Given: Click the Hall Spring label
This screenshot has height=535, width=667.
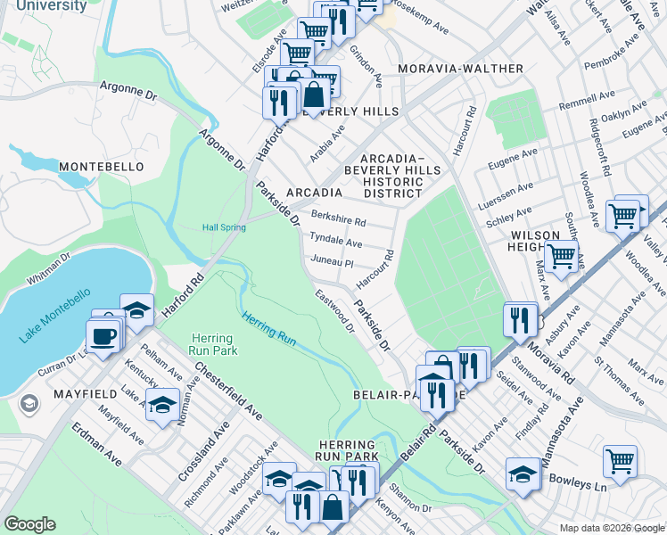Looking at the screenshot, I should (224, 227).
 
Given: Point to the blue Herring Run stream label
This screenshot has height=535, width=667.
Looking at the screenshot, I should (269, 330).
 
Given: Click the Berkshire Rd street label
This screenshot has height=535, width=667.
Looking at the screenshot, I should (339, 219).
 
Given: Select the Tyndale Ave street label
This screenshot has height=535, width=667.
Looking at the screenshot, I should (335, 242).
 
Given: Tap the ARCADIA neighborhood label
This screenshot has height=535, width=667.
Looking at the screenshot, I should (315, 193).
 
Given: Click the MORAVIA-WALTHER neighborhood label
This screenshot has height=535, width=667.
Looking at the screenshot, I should (461, 69).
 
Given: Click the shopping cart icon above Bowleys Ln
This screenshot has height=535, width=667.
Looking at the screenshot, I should (620, 461).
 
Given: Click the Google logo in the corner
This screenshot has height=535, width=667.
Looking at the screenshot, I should (29, 524).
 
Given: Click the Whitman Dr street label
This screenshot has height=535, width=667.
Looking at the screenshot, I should (48, 269).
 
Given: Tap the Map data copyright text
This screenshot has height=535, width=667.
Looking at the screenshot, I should (612, 528).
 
